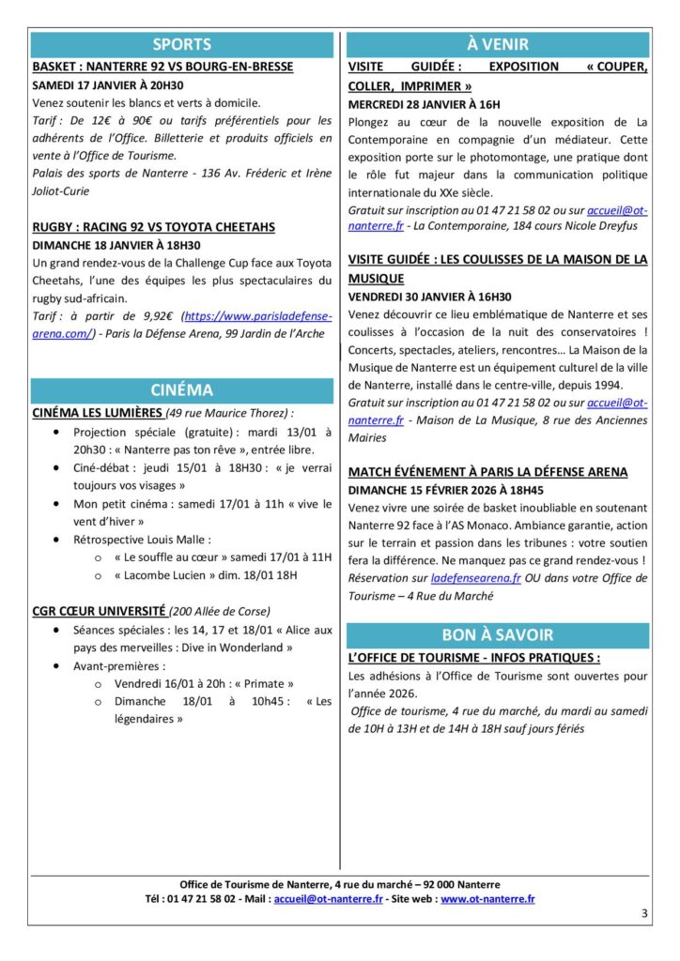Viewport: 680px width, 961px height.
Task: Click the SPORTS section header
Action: tap(182, 44)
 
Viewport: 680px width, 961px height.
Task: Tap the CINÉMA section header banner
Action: tap(182, 390)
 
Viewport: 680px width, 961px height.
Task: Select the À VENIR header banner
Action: tap(497, 44)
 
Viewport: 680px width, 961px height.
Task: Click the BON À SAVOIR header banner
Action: tap(497, 634)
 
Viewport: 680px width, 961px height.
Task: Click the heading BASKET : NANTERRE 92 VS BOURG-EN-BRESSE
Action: tap(162, 67)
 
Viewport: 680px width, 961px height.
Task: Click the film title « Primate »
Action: tap(261, 683)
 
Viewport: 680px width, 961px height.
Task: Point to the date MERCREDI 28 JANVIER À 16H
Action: tap(424, 103)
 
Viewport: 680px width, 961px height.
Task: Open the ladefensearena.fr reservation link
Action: tap(476, 579)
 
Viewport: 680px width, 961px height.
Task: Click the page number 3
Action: tap(644, 913)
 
